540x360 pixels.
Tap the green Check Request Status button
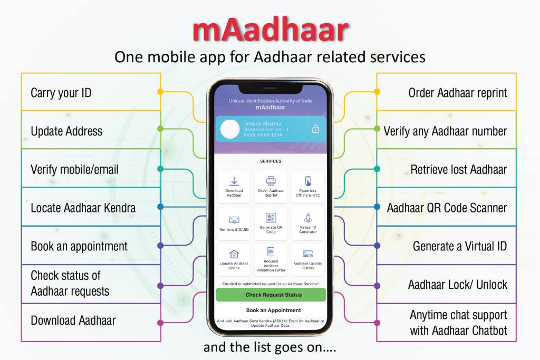click(x=271, y=295)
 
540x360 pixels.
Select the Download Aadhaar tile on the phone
click(x=234, y=187)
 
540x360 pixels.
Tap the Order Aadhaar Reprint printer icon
click(x=271, y=181)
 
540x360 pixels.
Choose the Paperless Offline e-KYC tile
click(x=308, y=187)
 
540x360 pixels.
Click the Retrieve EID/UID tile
click(x=234, y=223)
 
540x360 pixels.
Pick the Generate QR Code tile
click(x=271, y=223)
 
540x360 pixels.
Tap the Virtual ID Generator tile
click(x=308, y=223)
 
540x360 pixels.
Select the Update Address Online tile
click(x=234, y=260)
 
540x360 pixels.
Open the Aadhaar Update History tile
click(x=308, y=260)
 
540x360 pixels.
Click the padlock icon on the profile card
click(x=315, y=129)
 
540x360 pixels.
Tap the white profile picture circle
click(x=230, y=129)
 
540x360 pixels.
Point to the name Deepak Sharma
click(x=262, y=123)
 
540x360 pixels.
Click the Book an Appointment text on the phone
click(x=274, y=310)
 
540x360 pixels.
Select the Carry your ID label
click(x=61, y=93)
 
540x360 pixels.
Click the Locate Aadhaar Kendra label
click(x=83, y=208)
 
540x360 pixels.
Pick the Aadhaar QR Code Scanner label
click(x=447, y=208)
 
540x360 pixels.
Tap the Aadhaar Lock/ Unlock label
click(x=458, y=285)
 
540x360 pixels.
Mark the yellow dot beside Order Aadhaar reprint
click(x=377, y=92)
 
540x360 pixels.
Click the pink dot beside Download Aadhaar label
click(x=160, y=323)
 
